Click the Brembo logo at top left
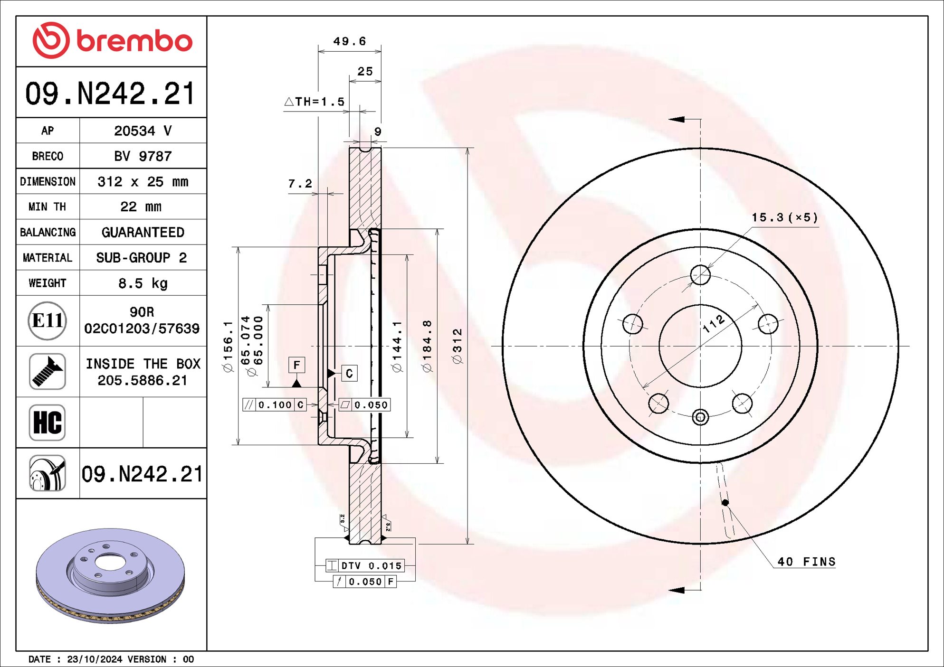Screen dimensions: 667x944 point(112,41)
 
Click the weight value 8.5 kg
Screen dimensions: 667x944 point(143,283)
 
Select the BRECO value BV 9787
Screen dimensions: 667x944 point(143,156)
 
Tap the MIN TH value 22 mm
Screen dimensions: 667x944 point(141,207)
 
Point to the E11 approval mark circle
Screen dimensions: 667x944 point(47,321)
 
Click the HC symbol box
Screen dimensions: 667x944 point(47,422)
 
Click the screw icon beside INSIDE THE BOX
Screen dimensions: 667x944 point(47,372)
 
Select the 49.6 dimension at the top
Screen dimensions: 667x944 point(350,42)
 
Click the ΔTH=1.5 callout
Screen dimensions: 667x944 point(315,102)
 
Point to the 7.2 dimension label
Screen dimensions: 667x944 point(300,184)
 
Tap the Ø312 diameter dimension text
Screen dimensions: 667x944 point(457,346)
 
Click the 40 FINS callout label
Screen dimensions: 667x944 point(806,562)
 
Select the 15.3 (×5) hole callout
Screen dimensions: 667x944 point(784,217)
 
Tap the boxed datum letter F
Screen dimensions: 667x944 point(296,365)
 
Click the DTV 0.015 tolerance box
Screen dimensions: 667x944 point(365,565)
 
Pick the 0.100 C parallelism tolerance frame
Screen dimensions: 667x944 point(275,405)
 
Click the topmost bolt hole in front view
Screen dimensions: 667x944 point(700,275)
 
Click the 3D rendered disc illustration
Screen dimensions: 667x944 point(110,574)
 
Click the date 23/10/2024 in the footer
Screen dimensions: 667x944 point(94,659)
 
